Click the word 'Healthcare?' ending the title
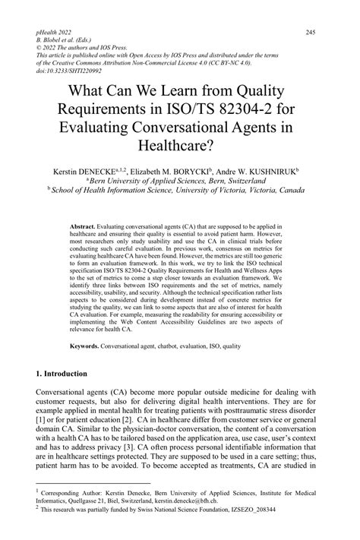coord(180,141)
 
